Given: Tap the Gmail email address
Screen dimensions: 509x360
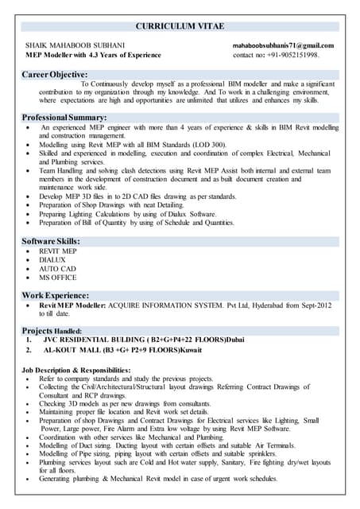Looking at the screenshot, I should coord(283,46).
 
